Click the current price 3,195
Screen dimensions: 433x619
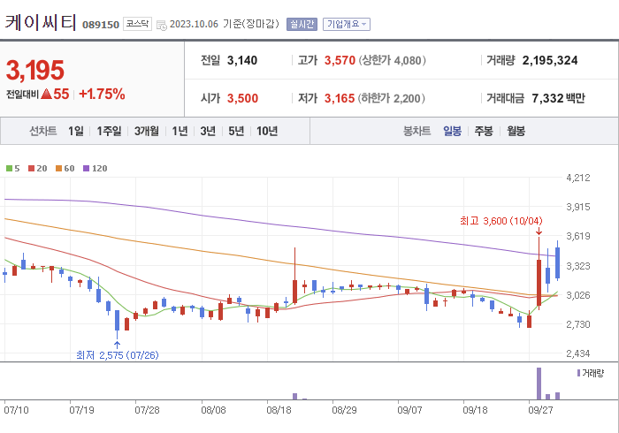(x=35, y=69)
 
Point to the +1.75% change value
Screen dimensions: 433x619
(x=102, y=94)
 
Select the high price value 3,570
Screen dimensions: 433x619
(x=339, y=60)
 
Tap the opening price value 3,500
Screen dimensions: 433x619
(x=242, y=98)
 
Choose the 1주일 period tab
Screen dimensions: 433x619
(x=110, y=131)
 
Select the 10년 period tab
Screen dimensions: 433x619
(x=266, y=131)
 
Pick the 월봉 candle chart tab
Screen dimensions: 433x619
(x=516, y=131)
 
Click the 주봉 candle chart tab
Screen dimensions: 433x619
(x=484, y=131)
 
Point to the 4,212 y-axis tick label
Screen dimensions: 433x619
(x=577, y=178)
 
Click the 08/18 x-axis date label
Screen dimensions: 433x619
(x=279, y=410)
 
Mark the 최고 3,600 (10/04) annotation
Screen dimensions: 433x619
(x=501, y=220)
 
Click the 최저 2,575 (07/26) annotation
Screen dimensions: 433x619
(x=117, y=355)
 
